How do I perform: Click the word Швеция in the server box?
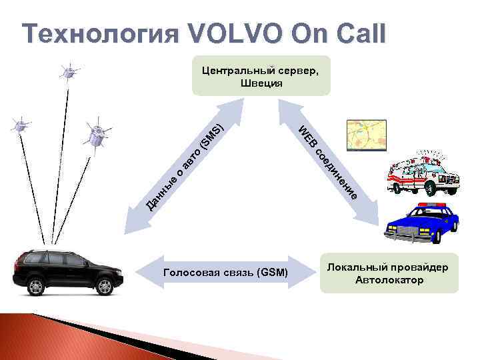pos(259,83)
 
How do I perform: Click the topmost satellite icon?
pos(67,70)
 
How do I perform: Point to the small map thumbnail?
pos(366,136)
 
